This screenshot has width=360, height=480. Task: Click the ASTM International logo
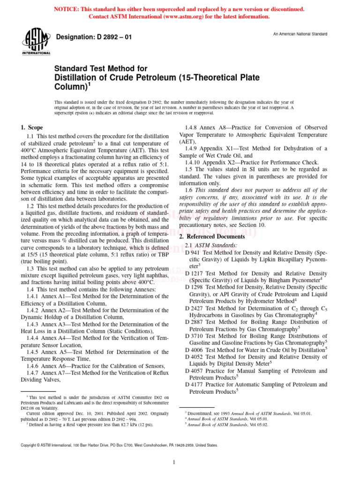click(x=36, y=42)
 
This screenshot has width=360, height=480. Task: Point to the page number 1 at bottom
click(x=173, y=463)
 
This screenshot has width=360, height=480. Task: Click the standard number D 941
click(x=194, y=253)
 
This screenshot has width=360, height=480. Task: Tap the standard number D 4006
click(x=195, y=349)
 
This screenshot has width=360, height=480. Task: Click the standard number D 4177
click(x=195, y=384)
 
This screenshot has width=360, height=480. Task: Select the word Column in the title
click(x=69, y=87)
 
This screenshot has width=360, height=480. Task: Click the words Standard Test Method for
click(x=101, y=68)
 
